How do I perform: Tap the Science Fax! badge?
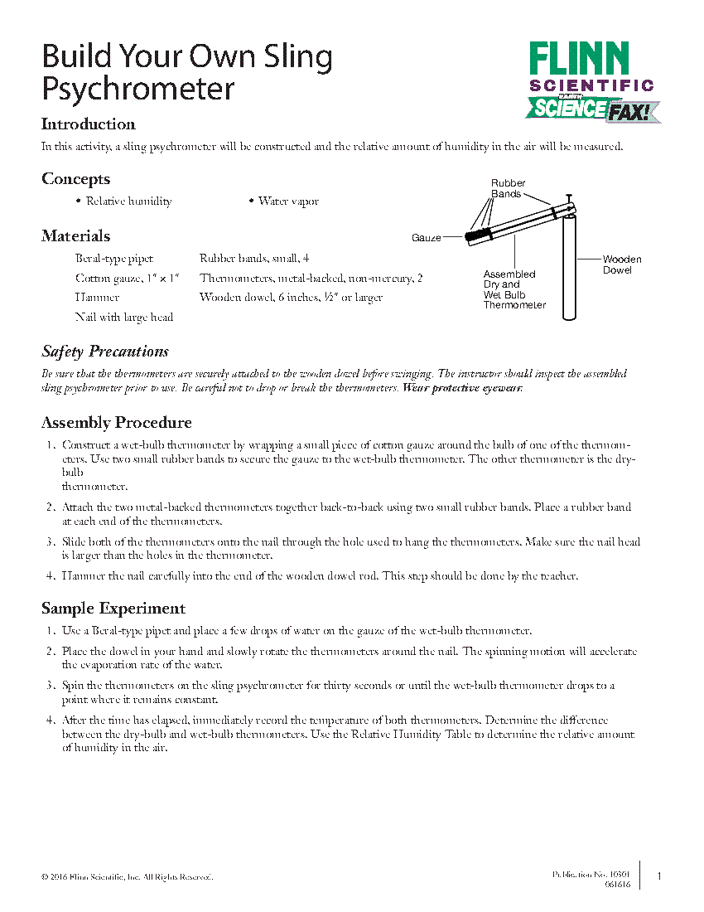tap(593, 109)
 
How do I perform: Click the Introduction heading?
tap(89, 124)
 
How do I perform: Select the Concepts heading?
tap(75, 179)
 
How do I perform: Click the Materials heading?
tap(75, 236)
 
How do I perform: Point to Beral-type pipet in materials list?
tap(113, 259)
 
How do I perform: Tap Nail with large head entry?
tap(123, 317)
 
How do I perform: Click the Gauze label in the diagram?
tap(426, 238)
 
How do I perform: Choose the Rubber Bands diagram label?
tap(508, 188)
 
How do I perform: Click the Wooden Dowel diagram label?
tap(621, 264)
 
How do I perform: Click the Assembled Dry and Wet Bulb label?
tap(514, 289)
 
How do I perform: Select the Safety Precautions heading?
tap(105, 352)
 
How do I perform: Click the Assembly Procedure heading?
tap(116, 423)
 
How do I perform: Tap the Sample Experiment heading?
tap(113, 609)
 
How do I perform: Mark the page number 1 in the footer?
tap(659, 876)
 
